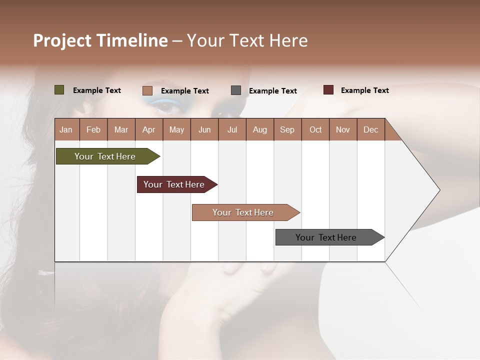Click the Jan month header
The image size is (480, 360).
tap(66, 129)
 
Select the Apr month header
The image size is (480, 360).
tap(148, 129)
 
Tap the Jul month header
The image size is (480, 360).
tap(232, 129)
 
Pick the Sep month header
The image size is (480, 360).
tap(287, 129)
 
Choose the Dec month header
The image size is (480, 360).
tap(370, 129)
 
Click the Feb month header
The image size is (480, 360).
tap(93, 129)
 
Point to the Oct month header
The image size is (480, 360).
tap(315, 129)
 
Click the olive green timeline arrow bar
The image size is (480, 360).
tap(105, 156)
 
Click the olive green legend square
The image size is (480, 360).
tap(59, 90)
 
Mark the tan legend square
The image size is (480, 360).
tap(147, 90)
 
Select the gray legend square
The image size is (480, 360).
tap(236, 90)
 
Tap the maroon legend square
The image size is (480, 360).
tap(328, 90)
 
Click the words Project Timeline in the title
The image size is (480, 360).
tap(100, 40)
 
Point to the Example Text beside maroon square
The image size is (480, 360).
tap(364, 90)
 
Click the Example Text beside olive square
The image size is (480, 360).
tap(97, 90)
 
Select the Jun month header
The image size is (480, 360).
tap(204, 129)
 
